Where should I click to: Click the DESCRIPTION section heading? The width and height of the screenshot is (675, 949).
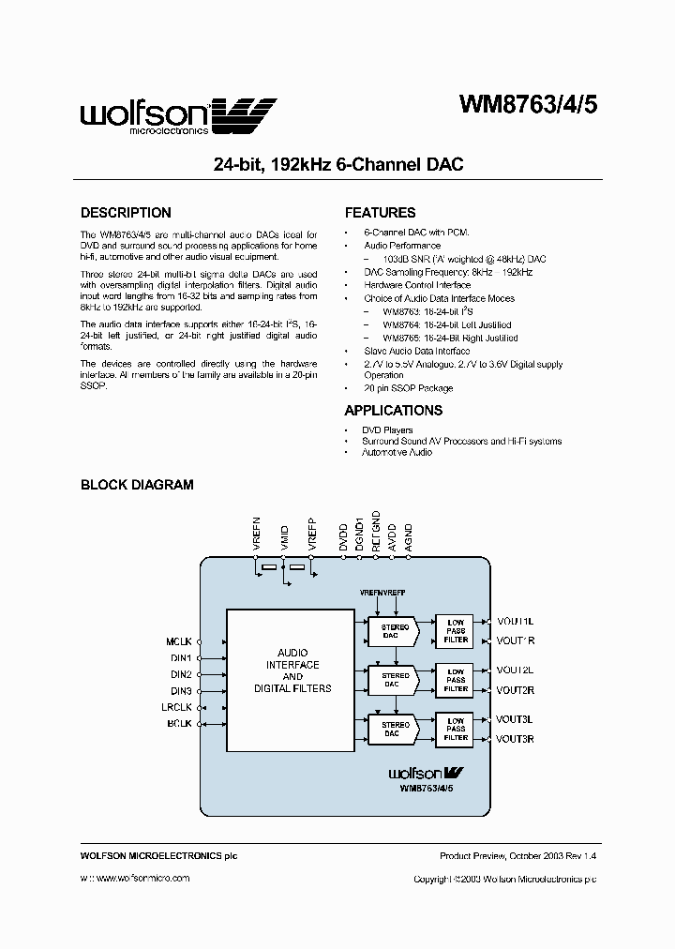[126, 213]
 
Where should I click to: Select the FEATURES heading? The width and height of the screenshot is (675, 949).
[380, 213]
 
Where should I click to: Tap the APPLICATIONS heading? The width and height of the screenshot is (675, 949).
[393, 411]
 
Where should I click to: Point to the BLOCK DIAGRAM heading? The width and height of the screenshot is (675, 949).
[137, 485]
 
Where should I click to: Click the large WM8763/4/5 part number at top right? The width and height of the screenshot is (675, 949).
[527, 106]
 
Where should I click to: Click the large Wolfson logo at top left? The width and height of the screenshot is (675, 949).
[178, 116]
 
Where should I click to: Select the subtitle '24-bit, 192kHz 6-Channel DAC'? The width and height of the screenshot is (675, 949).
[338, 164]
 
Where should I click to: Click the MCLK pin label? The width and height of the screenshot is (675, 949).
[178, 641]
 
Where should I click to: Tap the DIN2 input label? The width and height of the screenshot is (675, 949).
[181, 674]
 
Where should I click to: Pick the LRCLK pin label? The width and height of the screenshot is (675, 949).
[176, 707]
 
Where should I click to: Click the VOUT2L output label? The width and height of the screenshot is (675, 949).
[515, 670]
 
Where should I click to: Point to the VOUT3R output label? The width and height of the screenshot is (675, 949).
[515, 739]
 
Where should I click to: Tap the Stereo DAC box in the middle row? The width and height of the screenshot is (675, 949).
[396, 680]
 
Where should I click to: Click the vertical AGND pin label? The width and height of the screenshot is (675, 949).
[408, 535]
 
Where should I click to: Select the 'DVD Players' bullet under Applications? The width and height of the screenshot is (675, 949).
[387, 430]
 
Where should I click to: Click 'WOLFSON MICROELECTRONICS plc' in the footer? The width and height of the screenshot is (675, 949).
[152, 856]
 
